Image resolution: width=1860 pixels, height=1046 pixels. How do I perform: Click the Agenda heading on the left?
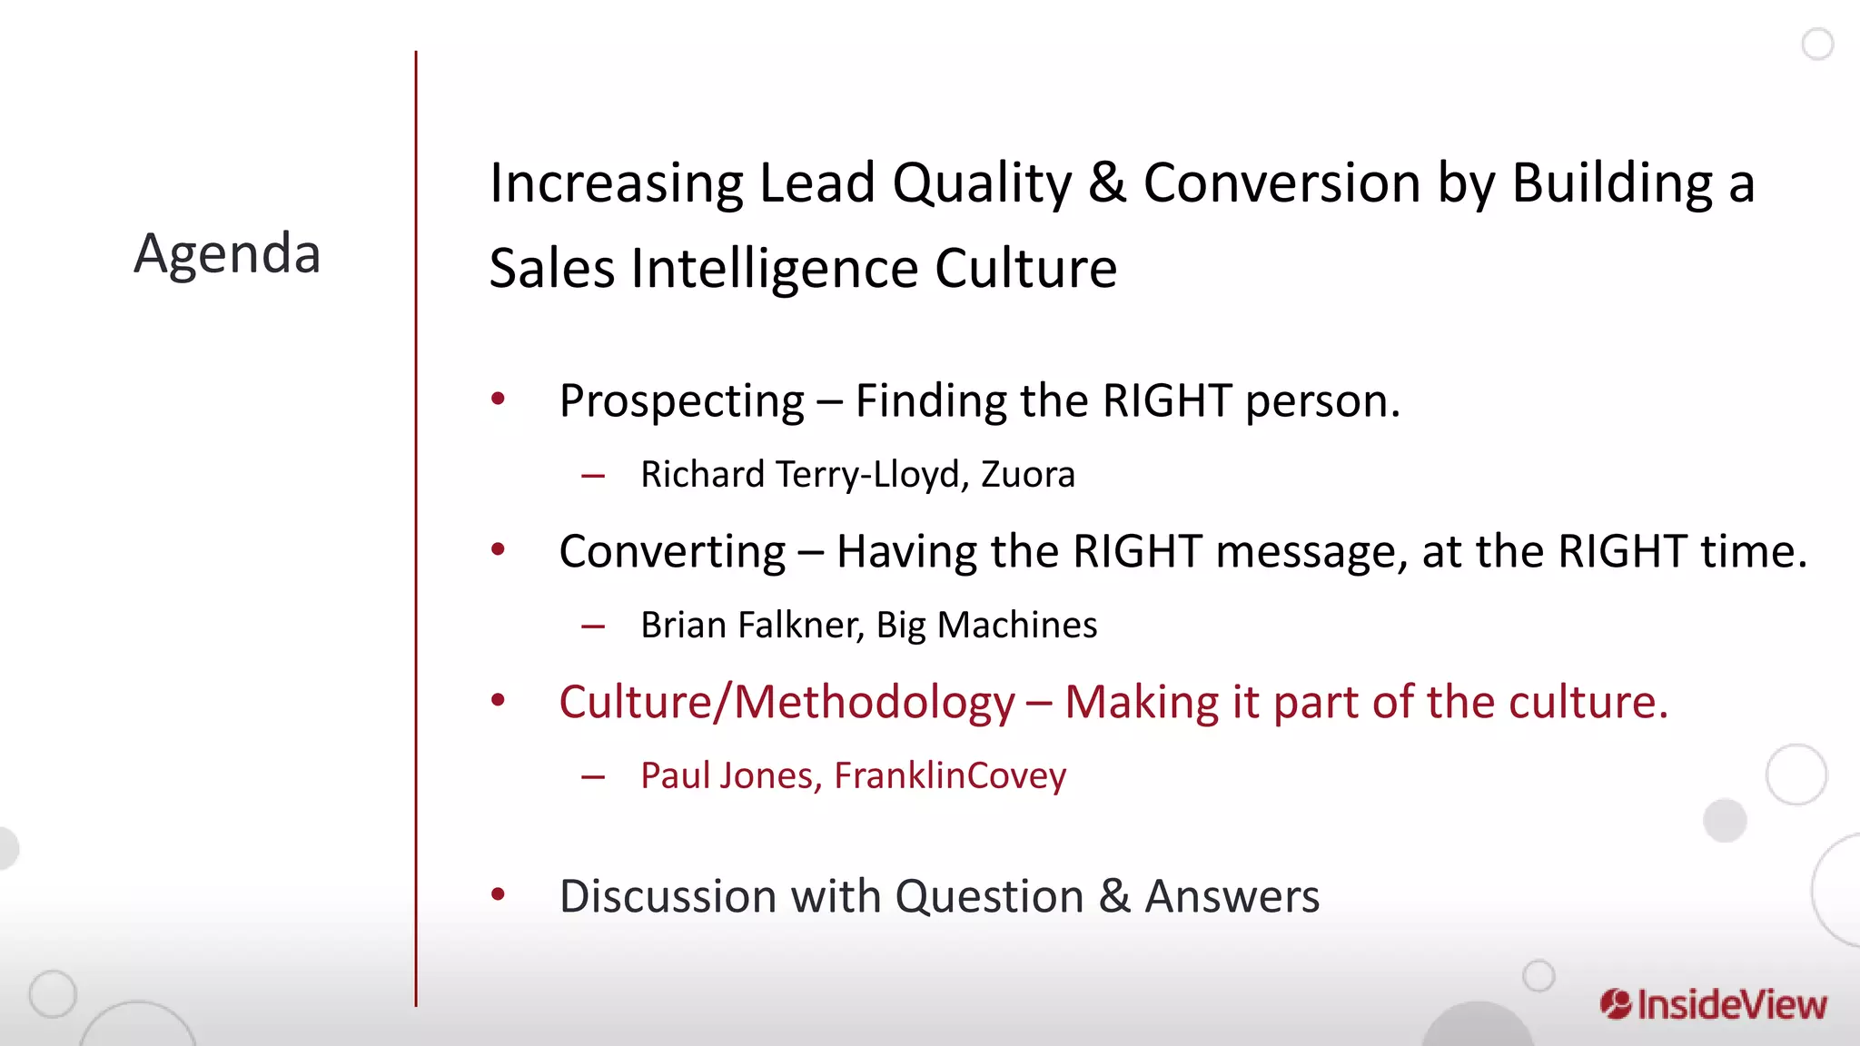[227, 253]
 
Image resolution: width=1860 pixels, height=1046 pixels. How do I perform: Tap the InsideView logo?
[1714, 1004]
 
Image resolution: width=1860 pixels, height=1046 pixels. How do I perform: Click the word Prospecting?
[681, 401]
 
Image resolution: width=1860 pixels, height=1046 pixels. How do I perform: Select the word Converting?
[672, 552]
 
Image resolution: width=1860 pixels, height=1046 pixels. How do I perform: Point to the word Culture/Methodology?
[787, 703]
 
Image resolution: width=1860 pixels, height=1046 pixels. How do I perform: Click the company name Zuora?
[1027, 475]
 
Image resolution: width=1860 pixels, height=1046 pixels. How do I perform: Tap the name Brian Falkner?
[751, 626]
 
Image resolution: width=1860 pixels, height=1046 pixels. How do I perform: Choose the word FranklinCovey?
[950, 776]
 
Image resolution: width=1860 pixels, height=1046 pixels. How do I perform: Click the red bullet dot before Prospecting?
[498, 399]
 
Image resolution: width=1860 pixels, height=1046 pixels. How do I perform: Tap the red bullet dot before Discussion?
[498, 895]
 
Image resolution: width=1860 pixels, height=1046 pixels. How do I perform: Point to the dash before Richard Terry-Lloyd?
[593, 476]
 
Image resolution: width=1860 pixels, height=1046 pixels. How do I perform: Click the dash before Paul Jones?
[593, 777]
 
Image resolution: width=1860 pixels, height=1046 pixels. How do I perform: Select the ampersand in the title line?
[1106, 183]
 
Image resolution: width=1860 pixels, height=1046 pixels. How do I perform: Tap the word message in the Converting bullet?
[1311, 552]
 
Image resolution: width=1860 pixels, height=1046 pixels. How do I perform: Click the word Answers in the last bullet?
[1232, 897]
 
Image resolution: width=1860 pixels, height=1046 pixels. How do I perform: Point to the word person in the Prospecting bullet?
[1321, 401]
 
